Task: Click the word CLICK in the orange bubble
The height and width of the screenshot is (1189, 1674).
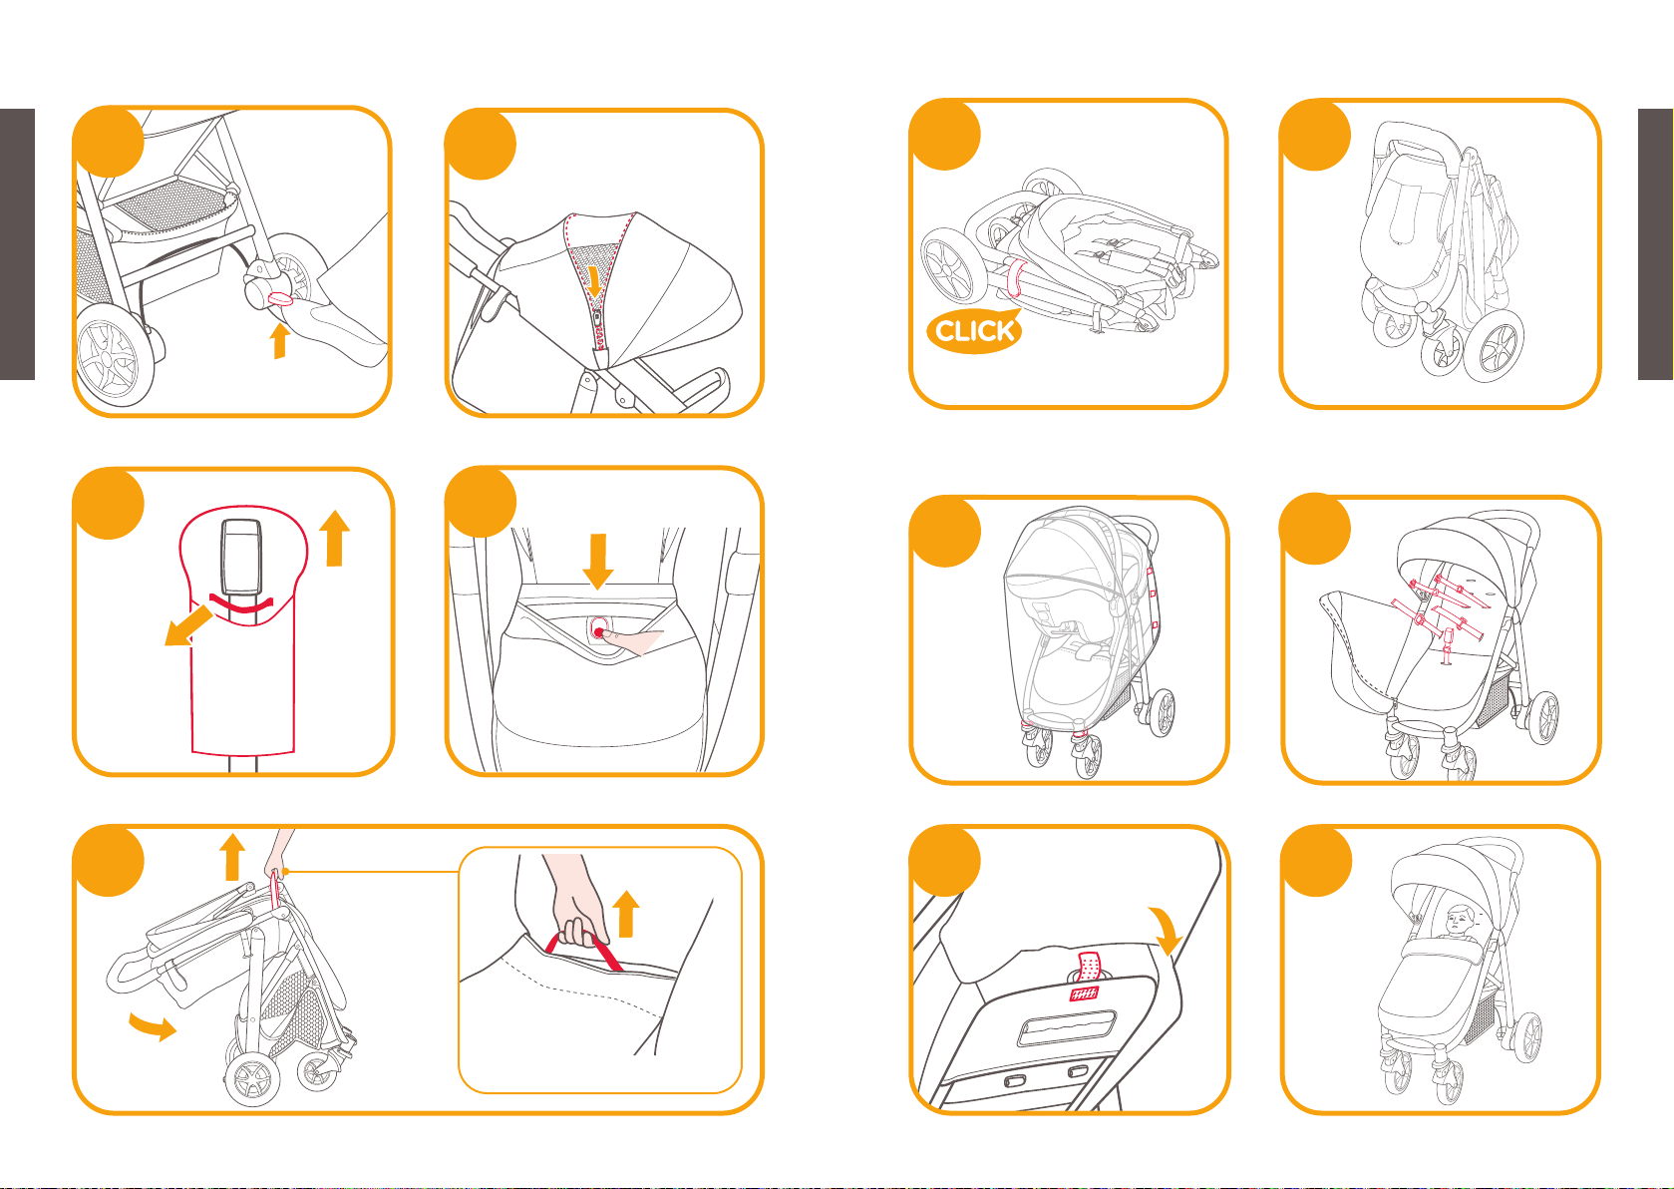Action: point(974,330)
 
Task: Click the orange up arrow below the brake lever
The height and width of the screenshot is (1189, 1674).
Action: point(279,341)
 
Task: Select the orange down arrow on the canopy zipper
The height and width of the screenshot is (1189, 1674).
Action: point(594,280)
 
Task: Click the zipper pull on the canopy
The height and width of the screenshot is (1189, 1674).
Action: point(598,320)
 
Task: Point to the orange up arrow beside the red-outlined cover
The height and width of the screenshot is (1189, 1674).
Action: point(334,539)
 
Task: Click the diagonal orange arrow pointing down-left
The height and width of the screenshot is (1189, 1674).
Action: point(187,625)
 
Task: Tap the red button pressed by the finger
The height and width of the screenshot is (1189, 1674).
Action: point(598,631)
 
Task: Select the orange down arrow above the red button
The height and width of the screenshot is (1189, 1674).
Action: point(598,562)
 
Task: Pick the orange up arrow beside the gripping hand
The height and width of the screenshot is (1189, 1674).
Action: point(625,914)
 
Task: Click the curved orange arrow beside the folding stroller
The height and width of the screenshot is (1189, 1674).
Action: point(154,1027)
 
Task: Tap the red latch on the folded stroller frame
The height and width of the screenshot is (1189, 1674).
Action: point(1014,277)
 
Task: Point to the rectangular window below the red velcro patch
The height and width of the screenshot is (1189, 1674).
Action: point(1067,1027)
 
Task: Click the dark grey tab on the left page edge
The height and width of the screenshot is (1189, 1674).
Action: point(17,244)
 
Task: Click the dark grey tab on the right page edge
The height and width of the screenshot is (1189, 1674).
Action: point(1655,244)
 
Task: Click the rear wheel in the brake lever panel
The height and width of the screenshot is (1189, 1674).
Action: point(115,357)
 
